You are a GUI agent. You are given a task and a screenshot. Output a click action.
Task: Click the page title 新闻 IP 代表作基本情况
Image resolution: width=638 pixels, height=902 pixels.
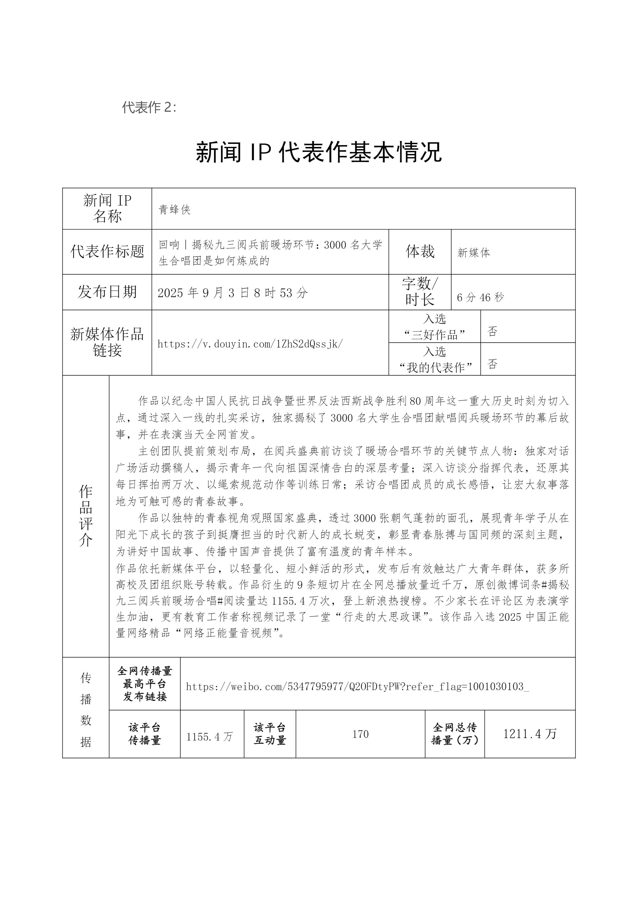[319, 152]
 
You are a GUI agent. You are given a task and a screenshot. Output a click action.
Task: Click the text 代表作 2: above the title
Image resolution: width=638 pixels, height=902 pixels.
[149, 107]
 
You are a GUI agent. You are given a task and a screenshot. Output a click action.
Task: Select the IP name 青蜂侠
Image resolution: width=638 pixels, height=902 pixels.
[174, 210]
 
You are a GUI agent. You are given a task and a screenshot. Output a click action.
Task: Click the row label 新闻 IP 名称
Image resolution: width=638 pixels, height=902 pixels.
[107, 209]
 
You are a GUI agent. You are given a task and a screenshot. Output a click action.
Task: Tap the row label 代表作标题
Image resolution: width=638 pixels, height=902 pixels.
[107, 252]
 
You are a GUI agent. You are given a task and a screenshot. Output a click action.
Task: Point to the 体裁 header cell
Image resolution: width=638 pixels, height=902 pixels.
[420, 252]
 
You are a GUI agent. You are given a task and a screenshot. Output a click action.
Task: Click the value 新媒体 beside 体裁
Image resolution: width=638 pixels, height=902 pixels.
[473, 253]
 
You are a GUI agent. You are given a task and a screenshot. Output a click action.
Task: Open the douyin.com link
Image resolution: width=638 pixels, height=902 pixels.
[250, 344]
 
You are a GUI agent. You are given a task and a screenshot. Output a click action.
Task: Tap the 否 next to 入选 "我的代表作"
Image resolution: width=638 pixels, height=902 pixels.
[492, 364]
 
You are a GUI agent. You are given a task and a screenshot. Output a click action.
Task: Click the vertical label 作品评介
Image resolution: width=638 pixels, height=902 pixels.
[86, 515]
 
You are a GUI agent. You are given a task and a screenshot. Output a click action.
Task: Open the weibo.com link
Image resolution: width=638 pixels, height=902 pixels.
[357, 687]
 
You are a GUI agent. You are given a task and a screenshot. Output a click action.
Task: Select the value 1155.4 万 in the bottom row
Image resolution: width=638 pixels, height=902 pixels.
[209, 737]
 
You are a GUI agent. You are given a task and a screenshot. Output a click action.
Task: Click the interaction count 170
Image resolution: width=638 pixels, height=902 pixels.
[360, 734]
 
